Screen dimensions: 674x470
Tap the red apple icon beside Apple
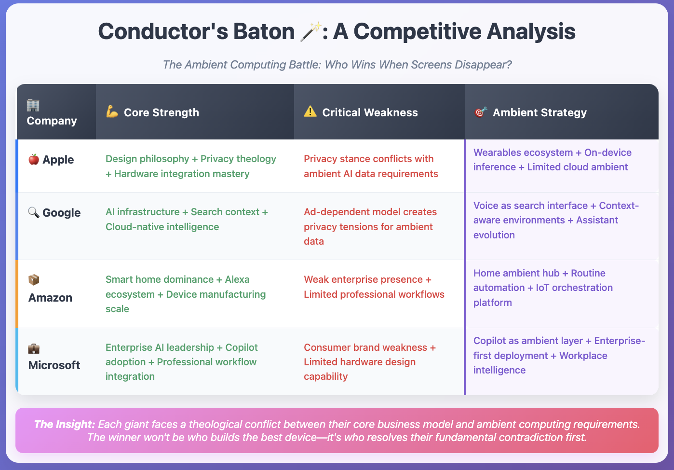(34, 159)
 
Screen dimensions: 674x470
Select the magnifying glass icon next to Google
(34, 212)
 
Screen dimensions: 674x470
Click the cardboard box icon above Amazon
(34, 280)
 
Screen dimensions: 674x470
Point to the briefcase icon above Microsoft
(34, 348)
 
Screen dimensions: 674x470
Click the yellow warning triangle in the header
(310, 111)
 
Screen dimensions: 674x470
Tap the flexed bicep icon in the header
(112, 111)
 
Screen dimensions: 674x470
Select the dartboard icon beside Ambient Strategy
(481, 111)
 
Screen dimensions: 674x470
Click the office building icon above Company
(33, 105)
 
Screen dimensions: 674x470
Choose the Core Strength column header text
(162, 112)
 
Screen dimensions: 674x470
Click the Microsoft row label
(54, 365)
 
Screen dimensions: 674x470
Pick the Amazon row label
(50, 298)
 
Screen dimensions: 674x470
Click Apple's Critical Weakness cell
(371, 166)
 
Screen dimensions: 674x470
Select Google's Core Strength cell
(187, 219)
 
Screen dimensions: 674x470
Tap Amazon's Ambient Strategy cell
(543, 288)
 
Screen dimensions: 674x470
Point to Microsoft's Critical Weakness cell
(370, 362)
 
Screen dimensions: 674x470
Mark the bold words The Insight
(65, 424)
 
